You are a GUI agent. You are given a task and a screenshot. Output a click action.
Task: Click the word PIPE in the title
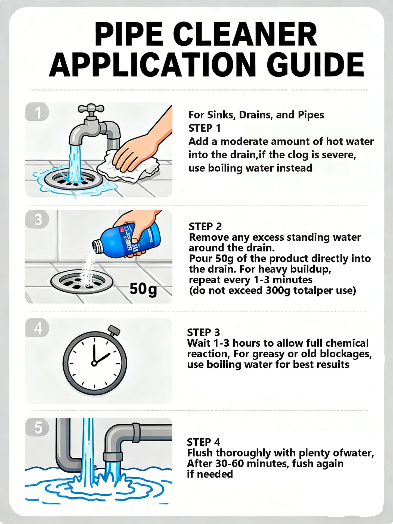(128, 35)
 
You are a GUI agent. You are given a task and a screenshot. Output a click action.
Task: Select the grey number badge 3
(37, 219)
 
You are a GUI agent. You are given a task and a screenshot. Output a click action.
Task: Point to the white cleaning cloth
(128, 166)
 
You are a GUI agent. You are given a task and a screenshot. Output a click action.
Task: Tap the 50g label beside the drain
(143, 289)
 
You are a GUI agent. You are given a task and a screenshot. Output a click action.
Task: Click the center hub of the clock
(94, 363)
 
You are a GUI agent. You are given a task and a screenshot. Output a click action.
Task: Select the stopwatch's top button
(114, 330)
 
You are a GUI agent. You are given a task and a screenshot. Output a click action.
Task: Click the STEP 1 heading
(204, 128)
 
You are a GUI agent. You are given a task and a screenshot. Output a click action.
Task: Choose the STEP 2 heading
(205, 226)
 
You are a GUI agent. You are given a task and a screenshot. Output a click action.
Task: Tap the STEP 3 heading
(203, 332)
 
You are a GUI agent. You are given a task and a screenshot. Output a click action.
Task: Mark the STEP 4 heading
(203, 442)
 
